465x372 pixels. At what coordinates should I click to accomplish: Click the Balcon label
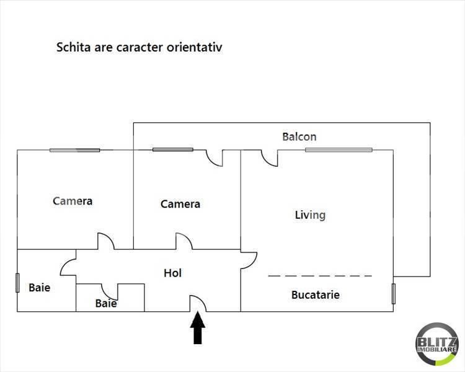click(299, 137)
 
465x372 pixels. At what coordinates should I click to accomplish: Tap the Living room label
click(310, 215)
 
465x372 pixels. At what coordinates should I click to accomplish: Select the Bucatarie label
click(316, 295)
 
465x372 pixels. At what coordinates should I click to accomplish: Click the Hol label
click(172, 273)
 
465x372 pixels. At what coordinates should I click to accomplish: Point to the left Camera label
click(73, 201)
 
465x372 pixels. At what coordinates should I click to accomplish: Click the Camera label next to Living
click(180, 204)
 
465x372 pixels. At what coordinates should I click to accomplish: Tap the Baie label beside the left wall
click(40, 288)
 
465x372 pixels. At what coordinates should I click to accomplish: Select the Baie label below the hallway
click(106, 303)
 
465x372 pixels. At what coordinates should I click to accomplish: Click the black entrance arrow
click(198, 328)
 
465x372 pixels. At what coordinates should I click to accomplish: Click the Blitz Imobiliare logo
click(436, 344)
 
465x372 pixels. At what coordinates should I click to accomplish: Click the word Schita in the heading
click(74, 48)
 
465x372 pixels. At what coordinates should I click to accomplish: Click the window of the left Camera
click(75, 150)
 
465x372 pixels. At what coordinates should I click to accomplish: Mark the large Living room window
click(339, 150)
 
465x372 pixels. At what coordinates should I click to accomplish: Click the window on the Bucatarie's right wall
click(394, 294)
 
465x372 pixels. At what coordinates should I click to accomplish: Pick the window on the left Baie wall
click(17, 283)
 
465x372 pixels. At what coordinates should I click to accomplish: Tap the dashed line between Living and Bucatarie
click(320, 276)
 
